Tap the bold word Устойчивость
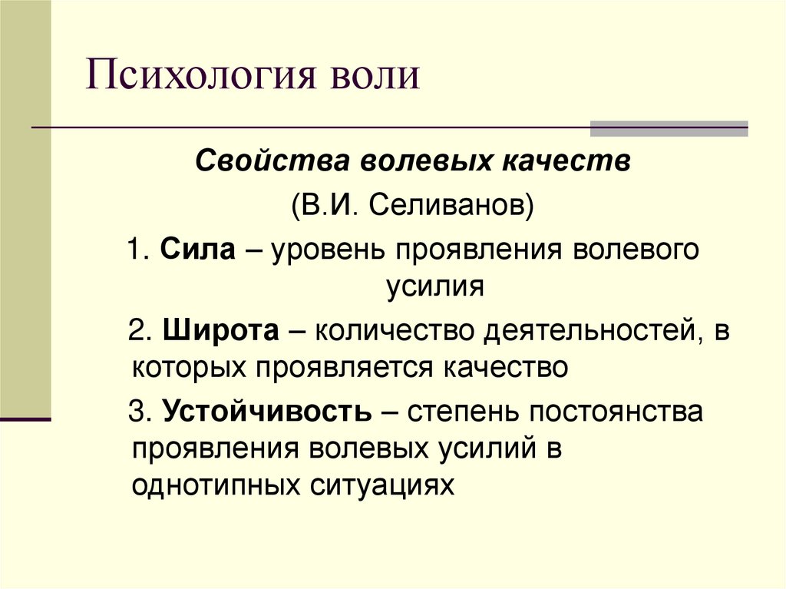(x=266, y=412)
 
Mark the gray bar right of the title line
(x=668, y=128)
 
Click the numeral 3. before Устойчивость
(x=140, y=412)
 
